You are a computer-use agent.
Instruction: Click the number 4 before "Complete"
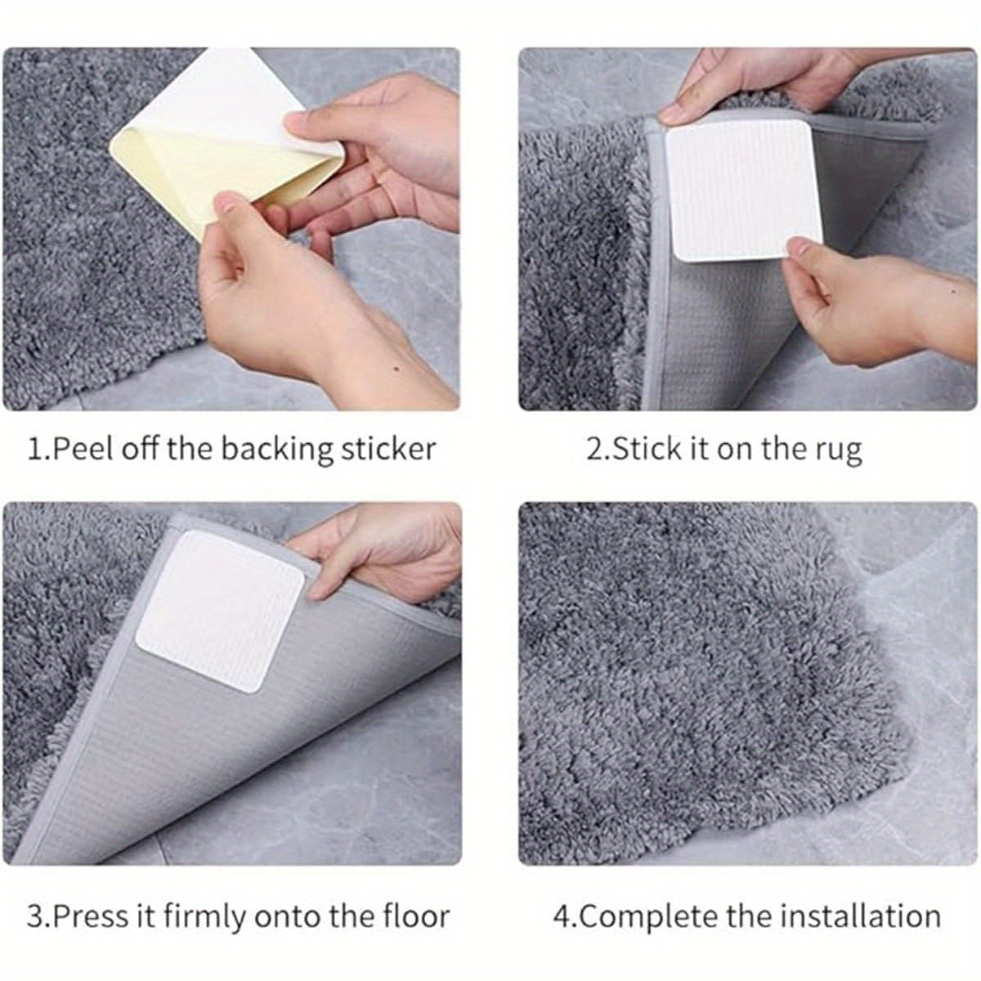coord(561,916)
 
